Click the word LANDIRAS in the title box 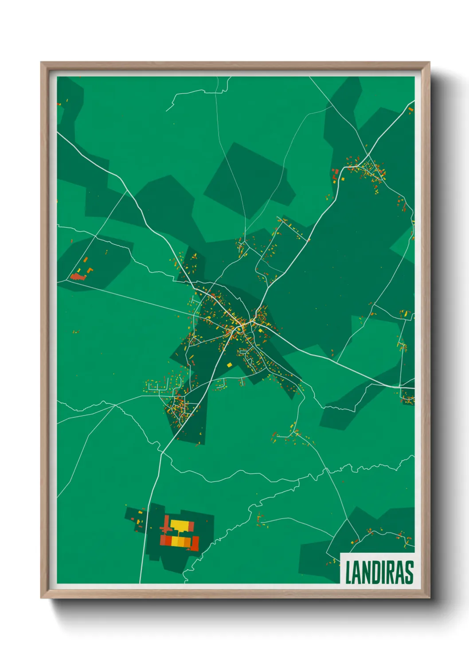(x=379, y=572)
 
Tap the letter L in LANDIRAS (x=348, y=572)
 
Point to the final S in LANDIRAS (x=409, y=572)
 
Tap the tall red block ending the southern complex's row (x=195, y=543)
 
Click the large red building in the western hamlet (x=78, y=277)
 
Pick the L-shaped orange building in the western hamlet (x=90, y=270)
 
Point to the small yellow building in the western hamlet (x=79, y=271)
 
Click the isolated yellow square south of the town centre (x=229, y=365)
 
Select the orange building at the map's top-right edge (x=411, y=109)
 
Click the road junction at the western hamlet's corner (x=69, y=280)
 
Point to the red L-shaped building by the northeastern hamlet (x=336, y=172)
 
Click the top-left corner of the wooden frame (x=41, y=62)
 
